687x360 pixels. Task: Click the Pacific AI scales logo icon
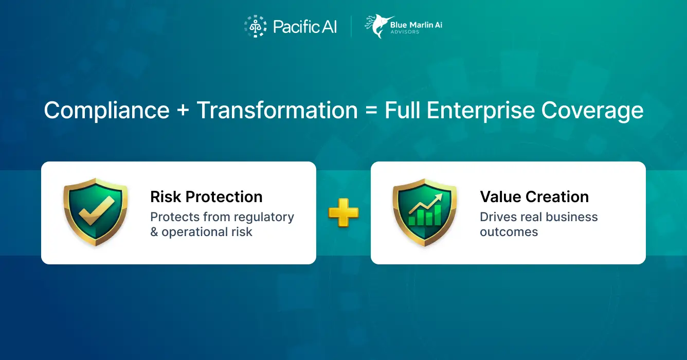255,26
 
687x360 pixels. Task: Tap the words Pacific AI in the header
305,27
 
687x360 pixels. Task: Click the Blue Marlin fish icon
376,26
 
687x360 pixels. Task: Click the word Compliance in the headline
106,111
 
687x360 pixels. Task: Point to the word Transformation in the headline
277,111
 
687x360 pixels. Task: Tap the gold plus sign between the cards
343,212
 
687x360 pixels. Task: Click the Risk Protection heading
206,196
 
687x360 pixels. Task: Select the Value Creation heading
534,196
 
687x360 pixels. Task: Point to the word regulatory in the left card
264,217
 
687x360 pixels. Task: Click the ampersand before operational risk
154,232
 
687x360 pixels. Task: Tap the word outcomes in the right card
509,232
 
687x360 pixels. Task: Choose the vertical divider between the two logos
351,27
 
